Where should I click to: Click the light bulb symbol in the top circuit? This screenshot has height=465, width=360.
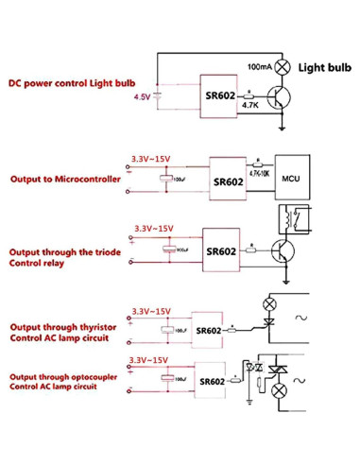click(x=281, y=67)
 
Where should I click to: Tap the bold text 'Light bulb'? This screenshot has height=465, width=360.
click(x=324, y=68)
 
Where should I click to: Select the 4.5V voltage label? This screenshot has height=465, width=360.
click(x=143, y=96)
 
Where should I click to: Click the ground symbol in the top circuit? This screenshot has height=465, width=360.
click(x=283, y=127)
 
